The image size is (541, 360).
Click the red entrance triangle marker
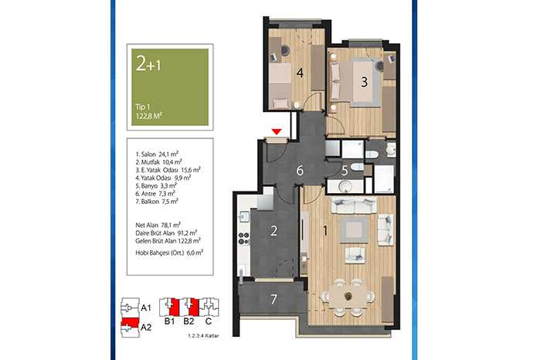pyautogui.click(x=277, y=132)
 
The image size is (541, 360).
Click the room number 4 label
pyautogui.click(x=300, y=73)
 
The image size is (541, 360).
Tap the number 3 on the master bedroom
pyautogui.click(x=364, y=82)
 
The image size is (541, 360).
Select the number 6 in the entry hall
pyautogui.click(x=300, y=171)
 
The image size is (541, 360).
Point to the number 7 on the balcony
pyautogui.click(x=274, y=299)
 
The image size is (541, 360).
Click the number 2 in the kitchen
pyautogui.click(x=274, y=231)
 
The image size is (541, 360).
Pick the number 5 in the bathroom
pyautogui.click(x=345, y=171)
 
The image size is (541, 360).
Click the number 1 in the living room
pyautogui.click(x=325, y=230)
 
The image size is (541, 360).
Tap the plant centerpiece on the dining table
pyautogui.click(x=348, y=296)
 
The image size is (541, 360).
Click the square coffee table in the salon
pyautogui.click(x=354, y=229)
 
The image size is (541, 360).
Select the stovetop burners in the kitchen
pyautogui.click(x=244, y=238)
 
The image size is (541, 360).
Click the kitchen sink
pyautogui.click(x=244, y=216)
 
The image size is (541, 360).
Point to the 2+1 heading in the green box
pyautogui.click(x=148, y=64)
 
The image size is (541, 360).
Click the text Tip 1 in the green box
pyautogui.click(x=142, y=107)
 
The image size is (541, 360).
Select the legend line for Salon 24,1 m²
pyautogui.click(x=157, y=155)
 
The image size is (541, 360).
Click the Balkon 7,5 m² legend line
pyautogui.click(x=157, y=202)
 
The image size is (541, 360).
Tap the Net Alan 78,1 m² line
pyautogui.click(x=158, y=225)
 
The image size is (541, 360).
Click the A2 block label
pyautogui.click(x=146, y=328)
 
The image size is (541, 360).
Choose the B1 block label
pyautogui.click(x=169, y=321)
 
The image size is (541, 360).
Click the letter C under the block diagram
pyautogui.click(x=209, y=321)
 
